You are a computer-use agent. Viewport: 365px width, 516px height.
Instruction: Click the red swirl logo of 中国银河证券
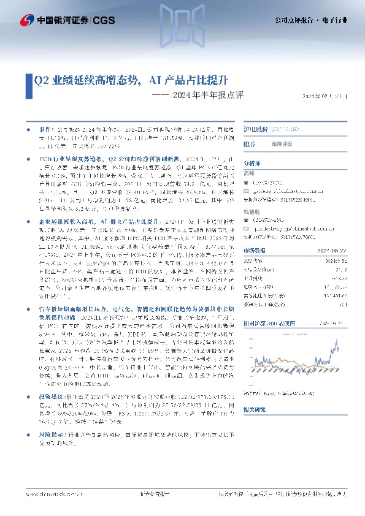click(28, 20)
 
